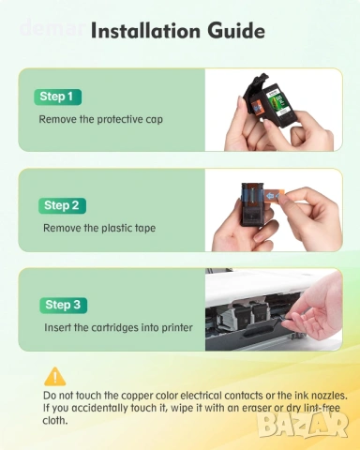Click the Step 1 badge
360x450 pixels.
58,97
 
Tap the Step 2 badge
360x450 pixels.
62,205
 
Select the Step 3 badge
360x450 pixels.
63,305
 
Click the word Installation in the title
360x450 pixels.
145,31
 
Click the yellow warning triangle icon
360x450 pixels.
55,377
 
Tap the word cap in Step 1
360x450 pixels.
154,120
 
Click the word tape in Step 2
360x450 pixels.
145,229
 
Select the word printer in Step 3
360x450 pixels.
177,328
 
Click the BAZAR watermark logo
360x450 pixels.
304,425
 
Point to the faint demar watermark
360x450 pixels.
52,28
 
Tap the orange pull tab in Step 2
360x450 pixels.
273,196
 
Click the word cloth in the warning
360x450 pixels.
55,421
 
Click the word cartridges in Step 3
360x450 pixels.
114,328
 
